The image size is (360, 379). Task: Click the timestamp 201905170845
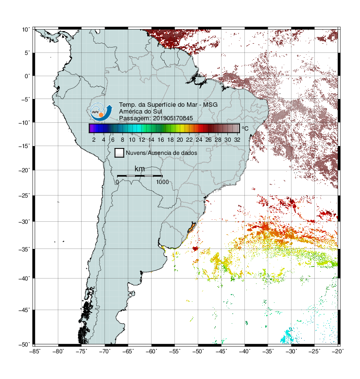(x=173, y=118)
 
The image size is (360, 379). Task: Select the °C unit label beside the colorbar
(x=245, y=128)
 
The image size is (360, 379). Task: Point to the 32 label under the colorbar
(x=237, y=140)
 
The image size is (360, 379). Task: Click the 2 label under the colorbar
(x=94, y=140)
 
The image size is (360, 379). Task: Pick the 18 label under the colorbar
(x=171, y=140)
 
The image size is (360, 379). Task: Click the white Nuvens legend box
(x=120, y=153)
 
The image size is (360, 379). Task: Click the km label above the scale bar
(x=139, y=168)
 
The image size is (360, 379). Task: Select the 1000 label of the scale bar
(x=162, y=182)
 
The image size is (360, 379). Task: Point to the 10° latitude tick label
(x=26, y=30)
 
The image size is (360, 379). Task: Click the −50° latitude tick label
(x=24, y=345)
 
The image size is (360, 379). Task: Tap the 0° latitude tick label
(x=27, y=76)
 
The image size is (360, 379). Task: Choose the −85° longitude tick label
(x=34, y=351)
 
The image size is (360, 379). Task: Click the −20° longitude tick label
(x=338, y=351)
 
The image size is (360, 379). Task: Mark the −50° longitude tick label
(x=198, y=351)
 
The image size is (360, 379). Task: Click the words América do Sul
(x=140, y=112)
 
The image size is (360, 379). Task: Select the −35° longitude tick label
(x=268, y=351)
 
